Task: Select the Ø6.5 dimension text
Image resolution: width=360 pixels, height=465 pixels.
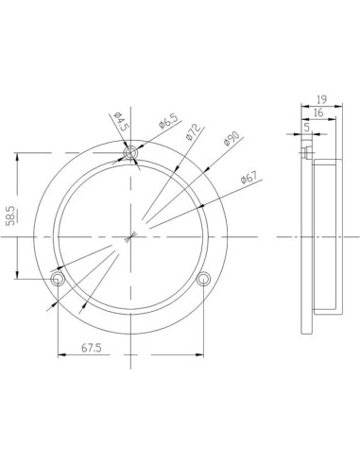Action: point(168,122)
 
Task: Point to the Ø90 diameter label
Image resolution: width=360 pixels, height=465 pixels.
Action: point(231,141)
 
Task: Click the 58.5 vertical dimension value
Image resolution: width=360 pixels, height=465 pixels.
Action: point(10,215)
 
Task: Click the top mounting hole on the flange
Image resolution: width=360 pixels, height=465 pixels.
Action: point(131,152)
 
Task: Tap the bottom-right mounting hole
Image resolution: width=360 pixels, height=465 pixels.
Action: point(204,280)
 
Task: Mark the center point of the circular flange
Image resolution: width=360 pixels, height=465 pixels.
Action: point(131,237)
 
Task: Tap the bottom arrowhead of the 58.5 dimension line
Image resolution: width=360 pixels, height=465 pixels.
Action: point(16,276)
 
